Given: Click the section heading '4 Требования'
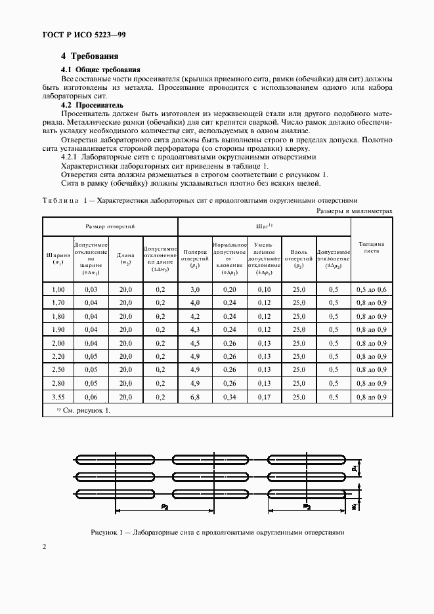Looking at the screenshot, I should click(x=89, y=57).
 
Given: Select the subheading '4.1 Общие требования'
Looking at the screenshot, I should click(x=100, y=70).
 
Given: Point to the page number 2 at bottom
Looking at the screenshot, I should click(x=44, y=547).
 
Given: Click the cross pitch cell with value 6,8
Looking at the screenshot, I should click(x=195, y=397).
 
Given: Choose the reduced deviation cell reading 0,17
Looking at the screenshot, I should click(x=264, y=397).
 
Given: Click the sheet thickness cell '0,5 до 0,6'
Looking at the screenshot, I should click(x=372, y=289).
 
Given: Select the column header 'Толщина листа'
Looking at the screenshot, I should click(x=372, y=247).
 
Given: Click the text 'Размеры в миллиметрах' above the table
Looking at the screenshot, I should click(x=355, y=211).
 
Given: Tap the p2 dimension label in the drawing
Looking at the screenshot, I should click(x=164, y=507).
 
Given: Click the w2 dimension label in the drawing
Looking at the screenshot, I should click(x=307, y=506).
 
